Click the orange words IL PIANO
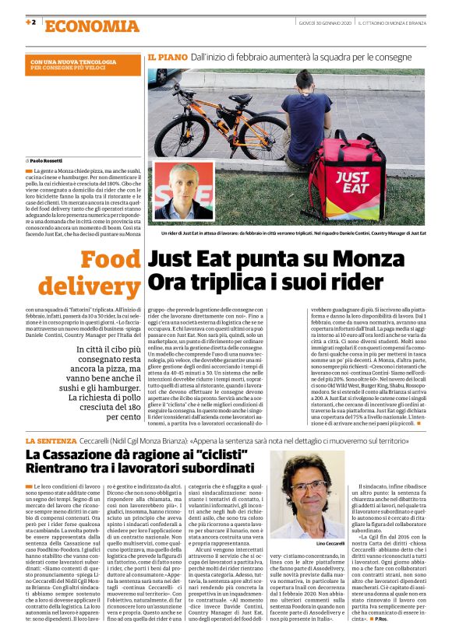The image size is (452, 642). [x=166, y=58]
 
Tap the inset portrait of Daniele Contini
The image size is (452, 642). [x=184, y=191]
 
